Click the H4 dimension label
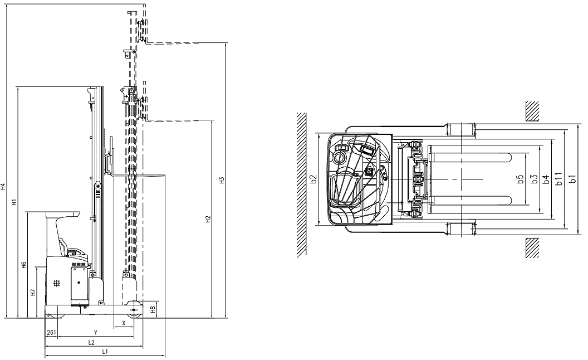[3, 186]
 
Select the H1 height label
[14, 202]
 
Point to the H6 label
[23, 265]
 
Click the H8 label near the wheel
[153, 310]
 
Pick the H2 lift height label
[208, 219]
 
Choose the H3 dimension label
[222, 180]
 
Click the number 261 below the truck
[51, 332]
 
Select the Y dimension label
[96, 332]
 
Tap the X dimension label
[124, 323]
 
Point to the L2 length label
[91, 342]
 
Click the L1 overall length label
[105, 352]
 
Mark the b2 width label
[314, 179]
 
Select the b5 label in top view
[520, 179]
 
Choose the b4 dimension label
[546, 179]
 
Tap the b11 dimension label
[558, 179]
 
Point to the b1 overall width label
[572, 179]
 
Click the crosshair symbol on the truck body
[57, 284]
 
